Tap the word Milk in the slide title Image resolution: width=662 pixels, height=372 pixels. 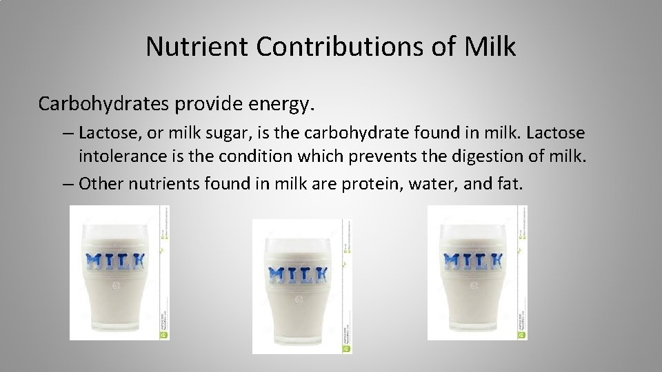coord(490,47)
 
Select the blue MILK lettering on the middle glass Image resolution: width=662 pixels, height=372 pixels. coord(297,274)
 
